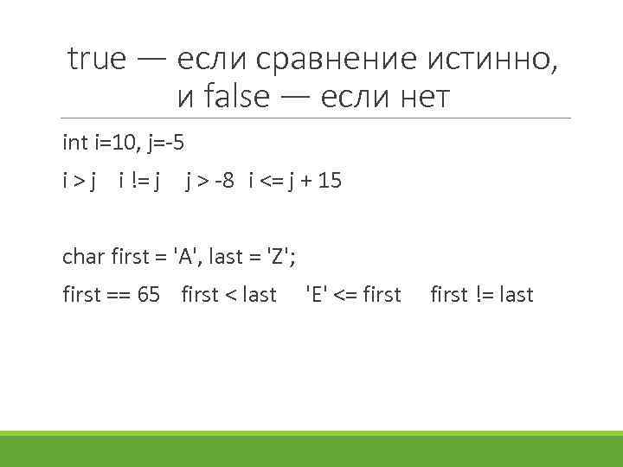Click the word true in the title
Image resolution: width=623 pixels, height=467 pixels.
tap(97, 60)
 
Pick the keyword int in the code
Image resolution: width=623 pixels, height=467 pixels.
tap(75, 142)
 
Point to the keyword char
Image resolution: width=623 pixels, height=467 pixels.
tap(84, 256)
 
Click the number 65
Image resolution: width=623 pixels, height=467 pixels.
tap(149, 295)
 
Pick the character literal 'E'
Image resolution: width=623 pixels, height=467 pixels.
tap(317, 295)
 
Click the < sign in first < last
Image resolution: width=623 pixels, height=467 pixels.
tap(230, 295)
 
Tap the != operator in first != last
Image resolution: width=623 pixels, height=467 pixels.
tap(484, 295)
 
